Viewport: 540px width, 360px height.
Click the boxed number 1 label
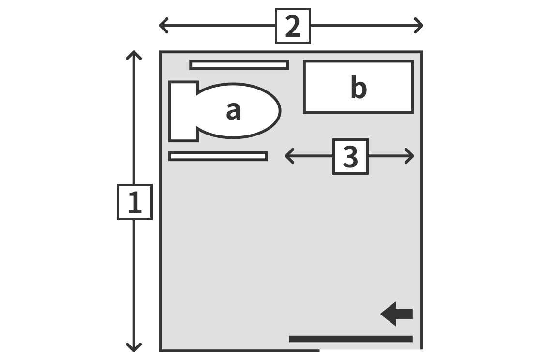(135, 202)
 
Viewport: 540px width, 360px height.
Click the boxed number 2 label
(293, 26)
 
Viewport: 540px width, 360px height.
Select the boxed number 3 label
(351, 156)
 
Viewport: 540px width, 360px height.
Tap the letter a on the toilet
(233, 111)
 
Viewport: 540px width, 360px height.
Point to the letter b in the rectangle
(359, 87)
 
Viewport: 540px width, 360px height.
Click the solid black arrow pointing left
(396, 314)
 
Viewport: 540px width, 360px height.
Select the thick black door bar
(351, 339)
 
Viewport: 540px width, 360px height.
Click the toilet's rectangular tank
(183, 111)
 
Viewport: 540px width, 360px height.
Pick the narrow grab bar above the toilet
(239, 65)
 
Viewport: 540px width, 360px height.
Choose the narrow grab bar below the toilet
(218, 156)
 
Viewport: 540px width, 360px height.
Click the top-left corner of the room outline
(160, 52)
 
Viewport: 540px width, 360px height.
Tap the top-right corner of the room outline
(422, 52)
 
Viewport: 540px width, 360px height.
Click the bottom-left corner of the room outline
(160, 351)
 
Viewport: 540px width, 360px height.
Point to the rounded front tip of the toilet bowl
(280, 111)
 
